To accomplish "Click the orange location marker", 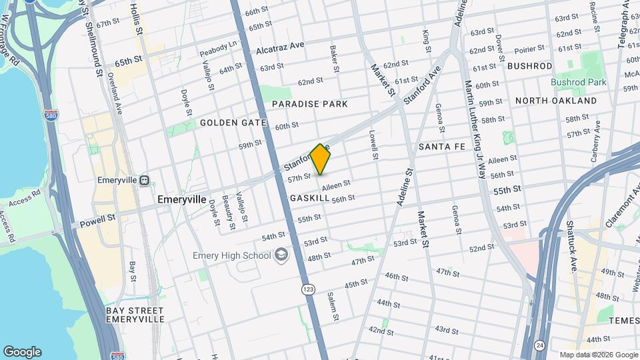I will (x=320, y=159).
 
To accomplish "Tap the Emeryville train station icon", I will (x=145, y=180).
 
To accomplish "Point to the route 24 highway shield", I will (x=539, y=344).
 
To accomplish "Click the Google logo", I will (x=22, y=352).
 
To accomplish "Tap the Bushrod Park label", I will (x=578, y=82).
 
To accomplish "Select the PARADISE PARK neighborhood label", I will (x=310, y=104).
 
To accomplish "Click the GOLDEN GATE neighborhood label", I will (x=233, y=123).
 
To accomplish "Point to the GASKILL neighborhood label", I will (x=310, y=199).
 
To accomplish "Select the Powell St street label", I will (x=98, y=218).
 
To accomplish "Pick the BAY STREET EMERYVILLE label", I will (x=135, y=315).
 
